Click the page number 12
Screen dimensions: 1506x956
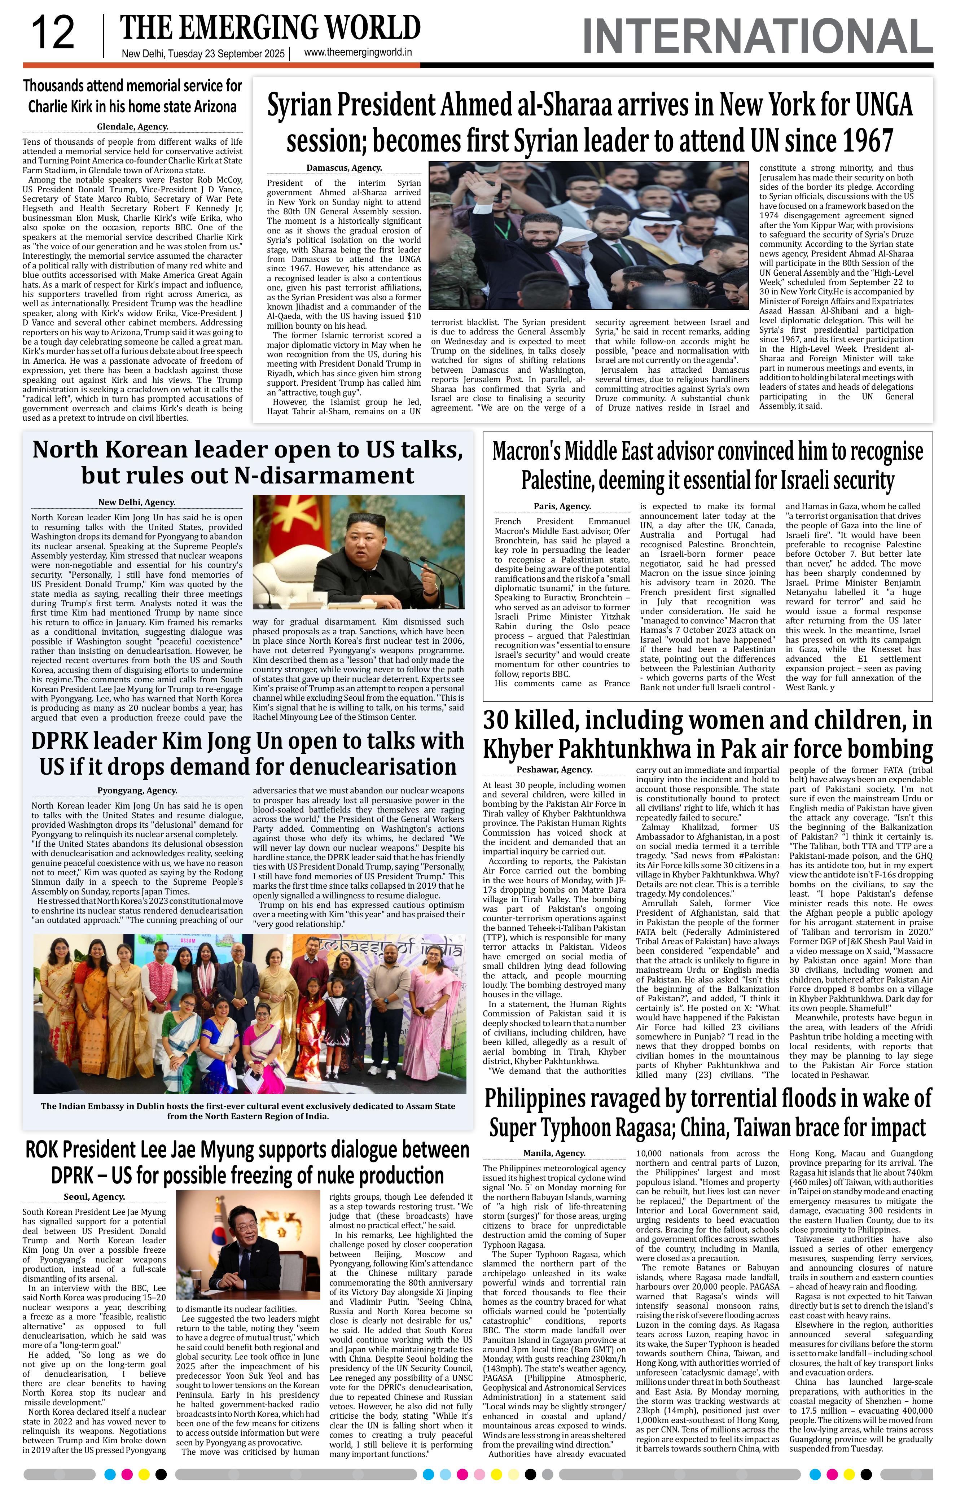tap(53, 34)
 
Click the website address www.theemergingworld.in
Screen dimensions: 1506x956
tap(358, 53)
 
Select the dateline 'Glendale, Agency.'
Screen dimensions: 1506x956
tap(132, 126)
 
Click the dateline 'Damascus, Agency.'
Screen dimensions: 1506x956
tap(344, 168)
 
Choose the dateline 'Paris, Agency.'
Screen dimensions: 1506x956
tap(562, 506)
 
